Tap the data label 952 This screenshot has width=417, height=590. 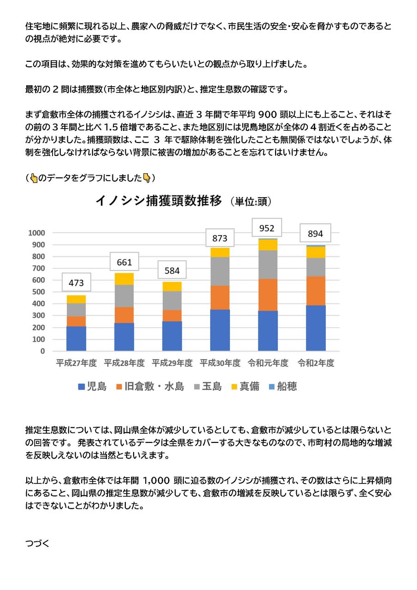point(267,228)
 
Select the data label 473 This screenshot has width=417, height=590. point(76,283)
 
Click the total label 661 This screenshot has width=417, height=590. point(124,263)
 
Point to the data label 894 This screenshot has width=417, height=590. point(316,234)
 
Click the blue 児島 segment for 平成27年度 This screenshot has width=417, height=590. point(76,339)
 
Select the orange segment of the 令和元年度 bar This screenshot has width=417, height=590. point(268,295)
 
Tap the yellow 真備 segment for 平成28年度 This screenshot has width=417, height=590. point(124,279)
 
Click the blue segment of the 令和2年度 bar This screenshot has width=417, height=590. point(316,328)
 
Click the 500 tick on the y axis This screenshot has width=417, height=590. point(38,292)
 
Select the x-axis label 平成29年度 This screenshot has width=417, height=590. point(172,363)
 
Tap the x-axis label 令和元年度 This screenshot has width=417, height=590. point(268,363)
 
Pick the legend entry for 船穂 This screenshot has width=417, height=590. point(282,387)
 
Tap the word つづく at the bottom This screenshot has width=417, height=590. point(37,543)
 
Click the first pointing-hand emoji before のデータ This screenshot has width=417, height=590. point(34,178)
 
